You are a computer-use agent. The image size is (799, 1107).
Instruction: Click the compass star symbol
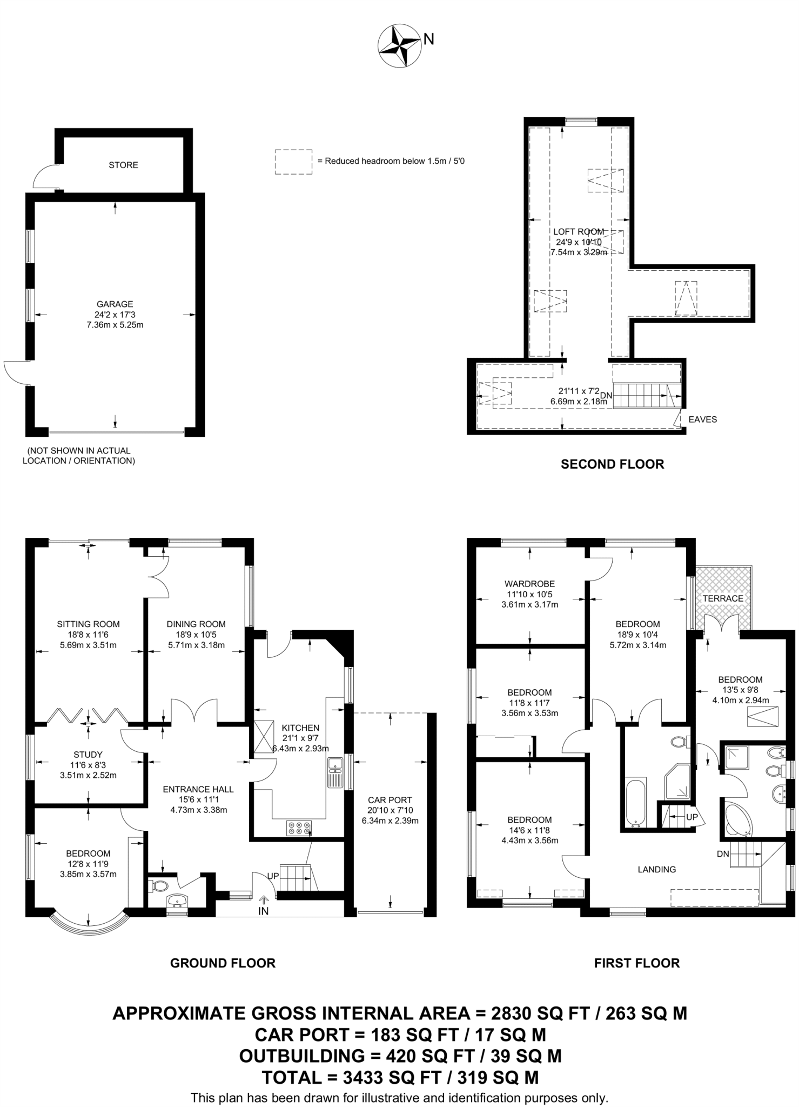coord(400,47)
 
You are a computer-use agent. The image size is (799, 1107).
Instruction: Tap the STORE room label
coord(123,165)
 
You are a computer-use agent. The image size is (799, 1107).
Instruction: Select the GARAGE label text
coord(115,304)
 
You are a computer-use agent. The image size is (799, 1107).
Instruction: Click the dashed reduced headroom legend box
coord(293,162)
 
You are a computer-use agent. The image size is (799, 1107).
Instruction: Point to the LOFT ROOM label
coord(579,232)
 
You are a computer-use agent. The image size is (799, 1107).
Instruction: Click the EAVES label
coord(702,419)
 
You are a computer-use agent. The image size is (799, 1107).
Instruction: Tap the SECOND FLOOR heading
coord(612,464)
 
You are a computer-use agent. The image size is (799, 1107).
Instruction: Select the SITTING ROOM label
coord(89,624)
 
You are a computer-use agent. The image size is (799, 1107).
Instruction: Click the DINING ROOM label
coord(196,624)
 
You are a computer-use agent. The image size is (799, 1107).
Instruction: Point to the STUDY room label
coord(88,754)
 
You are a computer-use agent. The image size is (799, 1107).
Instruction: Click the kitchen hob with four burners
coord(299,828)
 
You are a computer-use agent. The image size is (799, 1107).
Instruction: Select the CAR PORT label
coord(390,799)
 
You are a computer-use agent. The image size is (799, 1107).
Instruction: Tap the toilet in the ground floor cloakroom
coord(158,886)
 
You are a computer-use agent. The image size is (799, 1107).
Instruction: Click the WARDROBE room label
coord(529,584)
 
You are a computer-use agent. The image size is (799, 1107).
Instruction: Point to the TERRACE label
coord(723,598)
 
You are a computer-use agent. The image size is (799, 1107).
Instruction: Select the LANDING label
coord(657,869)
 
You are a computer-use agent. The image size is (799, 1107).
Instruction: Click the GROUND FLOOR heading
coord(223,963)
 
